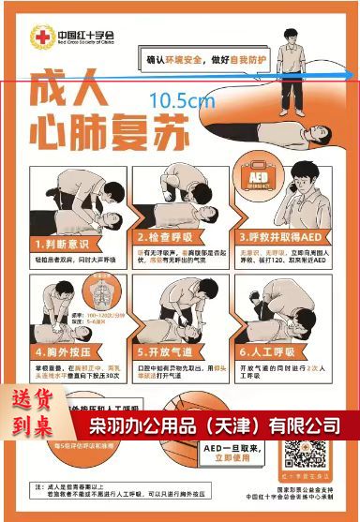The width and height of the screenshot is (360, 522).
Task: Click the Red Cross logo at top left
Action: pos(42,37)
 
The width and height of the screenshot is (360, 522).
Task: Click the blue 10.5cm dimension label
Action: pos(182,98)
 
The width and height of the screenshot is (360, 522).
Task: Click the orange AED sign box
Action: pos(261,178)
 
